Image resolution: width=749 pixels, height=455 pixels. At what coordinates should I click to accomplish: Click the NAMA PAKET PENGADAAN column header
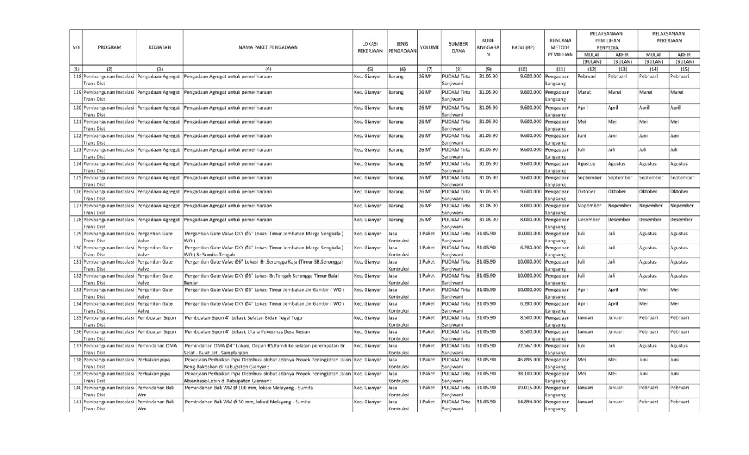point(267,47)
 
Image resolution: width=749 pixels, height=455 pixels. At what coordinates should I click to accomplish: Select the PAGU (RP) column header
point(523,47)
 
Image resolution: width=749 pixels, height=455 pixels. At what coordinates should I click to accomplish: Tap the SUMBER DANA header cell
point(458,47)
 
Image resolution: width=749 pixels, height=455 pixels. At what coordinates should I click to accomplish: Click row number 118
point(77,77)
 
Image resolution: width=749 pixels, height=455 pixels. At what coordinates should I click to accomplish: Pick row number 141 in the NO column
point(77,402)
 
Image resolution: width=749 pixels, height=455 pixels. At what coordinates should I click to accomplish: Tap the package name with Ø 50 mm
point(248,402)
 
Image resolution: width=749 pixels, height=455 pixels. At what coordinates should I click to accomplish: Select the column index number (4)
point(267,69)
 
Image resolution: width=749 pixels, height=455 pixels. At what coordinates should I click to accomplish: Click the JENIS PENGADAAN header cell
point(401,47)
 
